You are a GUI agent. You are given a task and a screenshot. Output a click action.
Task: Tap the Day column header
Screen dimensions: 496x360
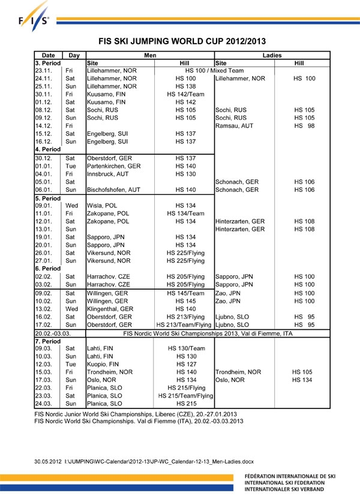74,55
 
